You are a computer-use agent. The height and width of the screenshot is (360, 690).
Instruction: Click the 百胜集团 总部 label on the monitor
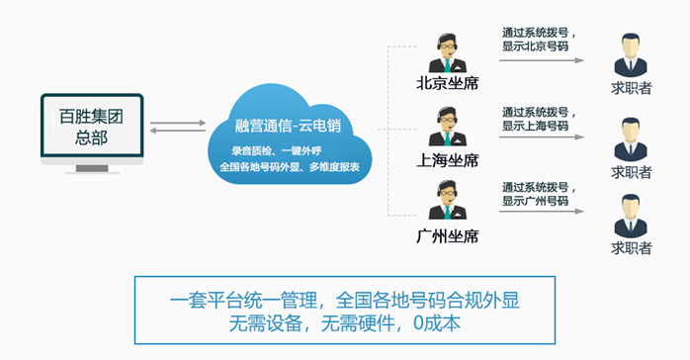92,127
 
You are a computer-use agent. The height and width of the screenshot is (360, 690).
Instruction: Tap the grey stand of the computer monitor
92,168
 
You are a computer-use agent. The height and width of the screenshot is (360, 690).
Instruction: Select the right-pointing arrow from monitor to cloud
178,123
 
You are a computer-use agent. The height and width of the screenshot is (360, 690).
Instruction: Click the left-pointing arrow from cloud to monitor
178,131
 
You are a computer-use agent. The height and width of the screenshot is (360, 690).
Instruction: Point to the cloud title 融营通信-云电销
289,126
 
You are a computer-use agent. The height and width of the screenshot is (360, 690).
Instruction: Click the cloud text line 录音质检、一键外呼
277,151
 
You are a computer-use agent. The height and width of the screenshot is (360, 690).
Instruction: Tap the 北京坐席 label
448,83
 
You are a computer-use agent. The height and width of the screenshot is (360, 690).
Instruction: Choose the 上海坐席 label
448,160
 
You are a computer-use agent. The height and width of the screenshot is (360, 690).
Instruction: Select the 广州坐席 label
448,236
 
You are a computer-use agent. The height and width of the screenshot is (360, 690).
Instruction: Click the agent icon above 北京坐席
448,53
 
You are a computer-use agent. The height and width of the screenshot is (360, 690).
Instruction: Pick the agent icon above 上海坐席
448,127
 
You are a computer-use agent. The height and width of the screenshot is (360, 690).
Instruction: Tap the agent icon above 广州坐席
448,200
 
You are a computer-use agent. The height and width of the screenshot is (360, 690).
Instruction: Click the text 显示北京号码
536,46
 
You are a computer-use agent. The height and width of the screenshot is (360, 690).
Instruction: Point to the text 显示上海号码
536,126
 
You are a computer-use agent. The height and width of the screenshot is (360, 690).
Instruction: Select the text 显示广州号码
536,201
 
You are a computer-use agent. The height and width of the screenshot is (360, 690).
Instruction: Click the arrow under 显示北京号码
542,60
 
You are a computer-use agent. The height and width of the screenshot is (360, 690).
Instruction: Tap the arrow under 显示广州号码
542,212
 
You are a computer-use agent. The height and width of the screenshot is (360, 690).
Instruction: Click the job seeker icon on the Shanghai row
631,139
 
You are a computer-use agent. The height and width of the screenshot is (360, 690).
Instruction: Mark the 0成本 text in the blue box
437,324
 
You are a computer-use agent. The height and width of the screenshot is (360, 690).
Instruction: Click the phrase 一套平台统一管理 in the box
243,301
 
